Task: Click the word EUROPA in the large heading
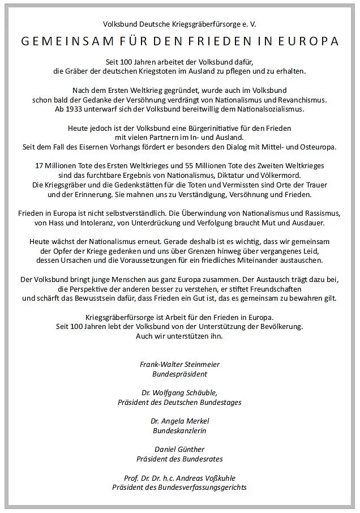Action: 311,41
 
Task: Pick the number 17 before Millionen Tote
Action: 40,166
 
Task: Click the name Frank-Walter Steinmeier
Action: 179,364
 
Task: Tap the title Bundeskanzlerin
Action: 179,430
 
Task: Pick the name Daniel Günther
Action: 179,449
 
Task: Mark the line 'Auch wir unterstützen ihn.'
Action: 179,336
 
